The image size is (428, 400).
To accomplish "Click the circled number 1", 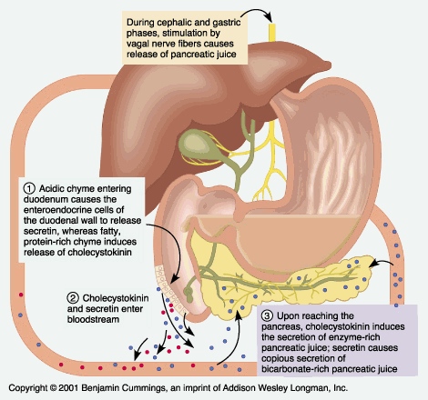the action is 29,189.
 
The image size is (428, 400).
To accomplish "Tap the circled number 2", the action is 73,298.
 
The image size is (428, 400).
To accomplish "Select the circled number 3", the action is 267,316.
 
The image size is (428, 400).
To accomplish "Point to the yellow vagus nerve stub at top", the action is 272,32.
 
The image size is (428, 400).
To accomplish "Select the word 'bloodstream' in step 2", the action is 93,320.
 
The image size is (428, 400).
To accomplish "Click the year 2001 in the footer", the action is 69,388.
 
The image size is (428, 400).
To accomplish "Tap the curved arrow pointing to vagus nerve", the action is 258,12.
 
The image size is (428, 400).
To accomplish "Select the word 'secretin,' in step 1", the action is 40,231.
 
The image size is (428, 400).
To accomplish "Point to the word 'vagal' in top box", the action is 138,44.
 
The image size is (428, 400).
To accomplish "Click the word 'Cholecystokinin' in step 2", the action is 116,298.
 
